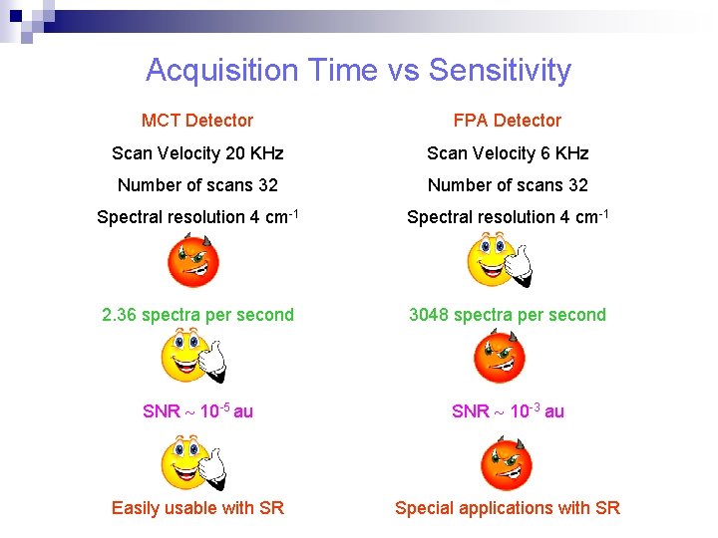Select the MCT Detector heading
(x=197, y=121)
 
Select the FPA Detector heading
(x=507, y=121)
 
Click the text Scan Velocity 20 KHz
(x=197, y=153)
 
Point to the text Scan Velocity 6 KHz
(x=508, y=153)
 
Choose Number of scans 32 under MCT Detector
(x=197, y=185)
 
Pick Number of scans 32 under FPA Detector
(x=508, y=185)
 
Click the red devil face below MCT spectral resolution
(x=192, y=260)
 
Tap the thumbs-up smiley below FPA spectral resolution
(x=499, y=260)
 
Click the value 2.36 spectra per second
(x=197, y=315)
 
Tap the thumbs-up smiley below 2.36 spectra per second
(x=192, y=357)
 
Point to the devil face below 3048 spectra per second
(x=499, y=357)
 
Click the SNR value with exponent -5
(x=197, y=411)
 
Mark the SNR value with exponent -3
(x=508, y=411)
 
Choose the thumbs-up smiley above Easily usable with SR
(x=192, y=463)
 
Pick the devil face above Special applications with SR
(x=507, y=463)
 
